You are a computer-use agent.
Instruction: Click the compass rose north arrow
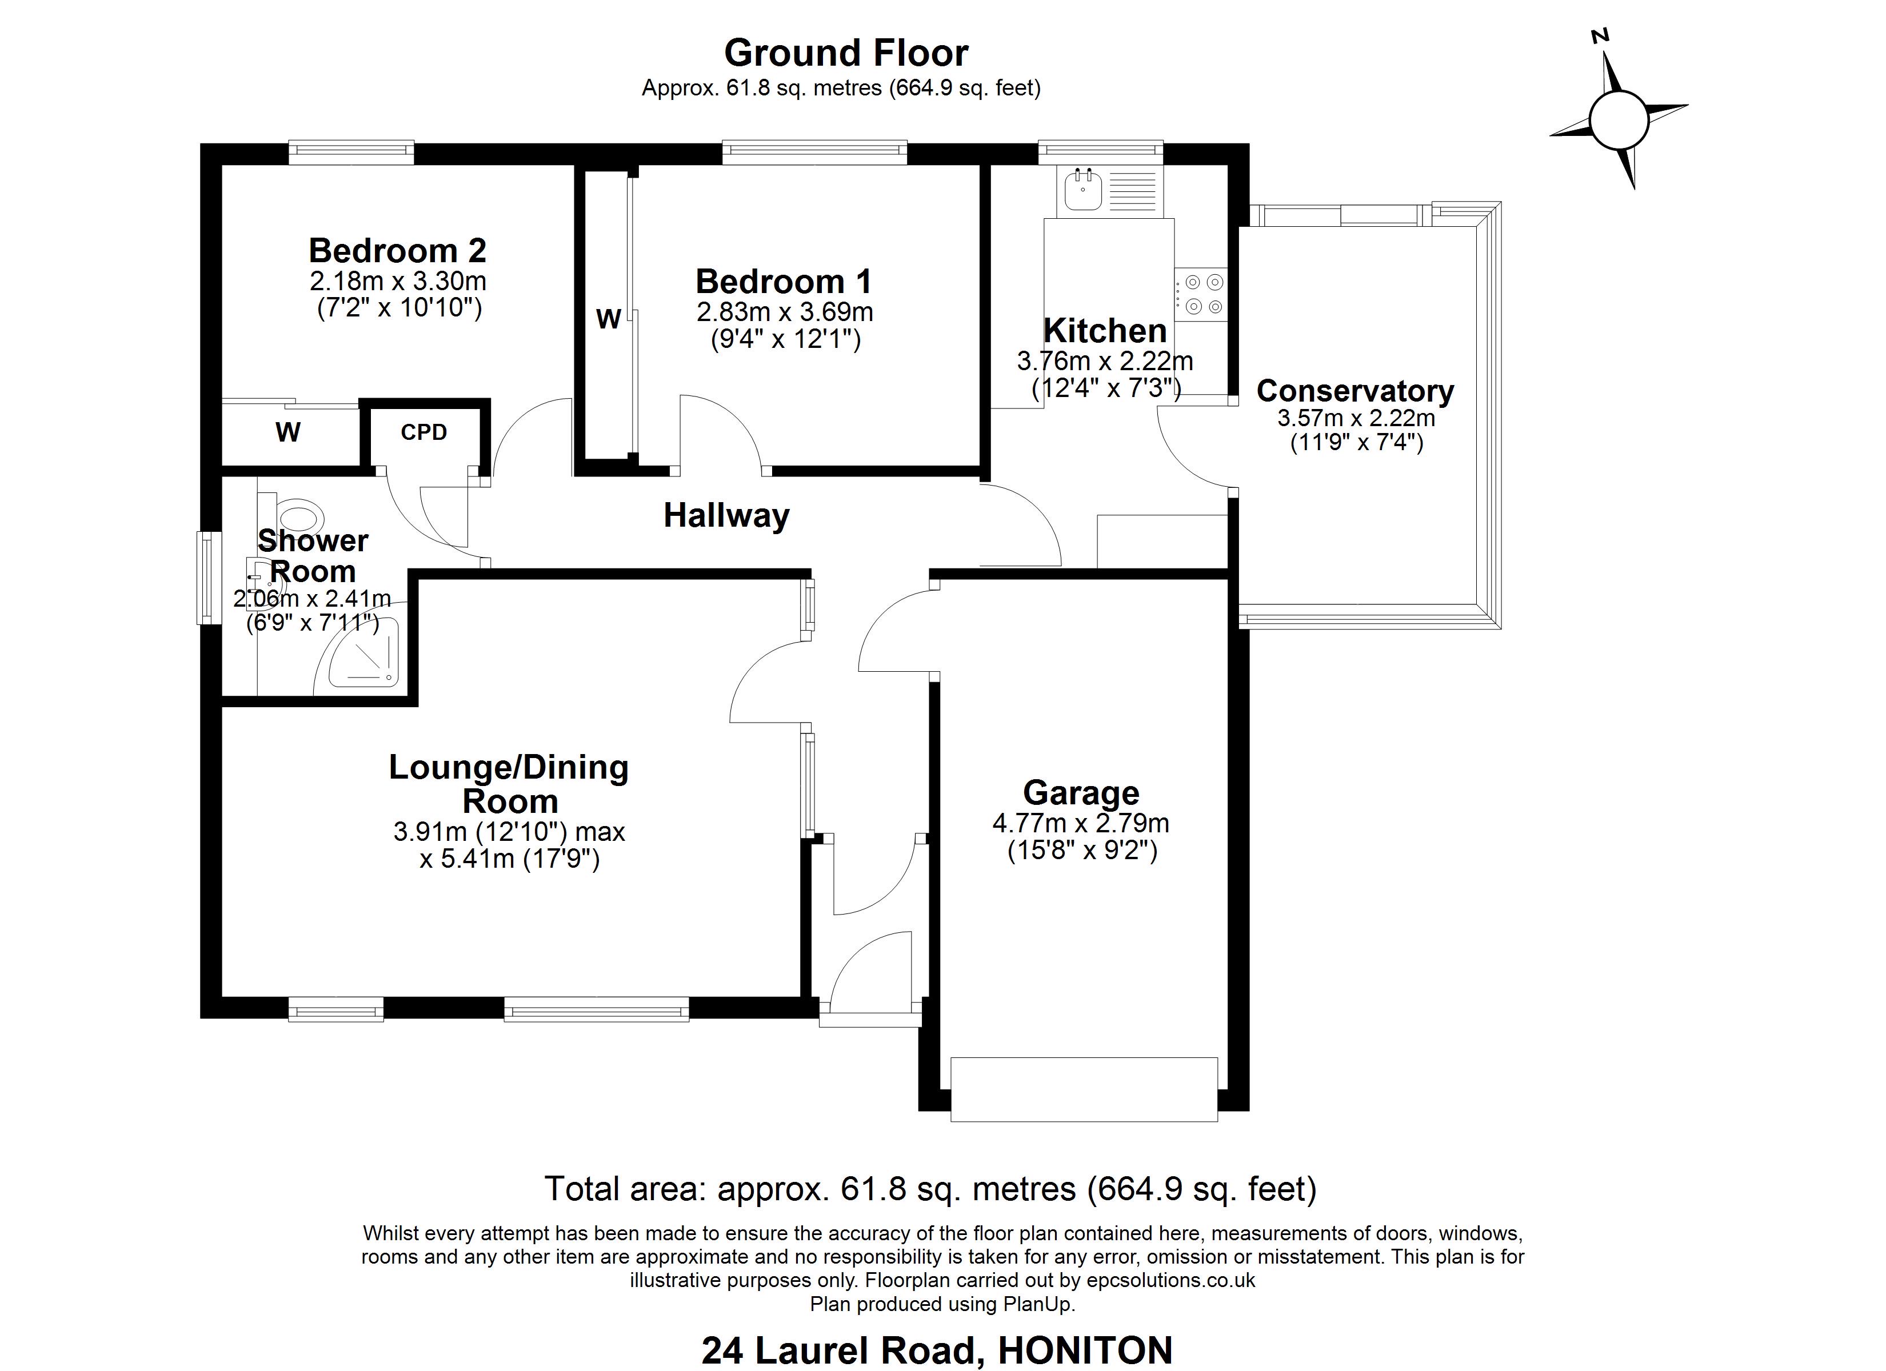(1611, 83)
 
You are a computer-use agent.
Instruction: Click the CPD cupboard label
(424, 432)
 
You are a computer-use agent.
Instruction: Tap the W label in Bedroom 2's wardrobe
(287, 432)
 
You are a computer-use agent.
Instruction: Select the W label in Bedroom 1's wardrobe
(609, 319)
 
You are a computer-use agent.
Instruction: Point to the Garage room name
(1081, 793)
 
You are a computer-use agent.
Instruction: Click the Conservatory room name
(1356, 391)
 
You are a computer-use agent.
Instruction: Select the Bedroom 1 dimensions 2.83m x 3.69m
(785, 312)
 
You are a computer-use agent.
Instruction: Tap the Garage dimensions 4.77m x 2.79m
(1081, 823)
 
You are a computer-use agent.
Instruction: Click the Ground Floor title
(846, 53)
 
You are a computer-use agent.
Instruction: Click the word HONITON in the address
(1085, 1351)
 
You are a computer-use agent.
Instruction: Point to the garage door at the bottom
(1084, 1089)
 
